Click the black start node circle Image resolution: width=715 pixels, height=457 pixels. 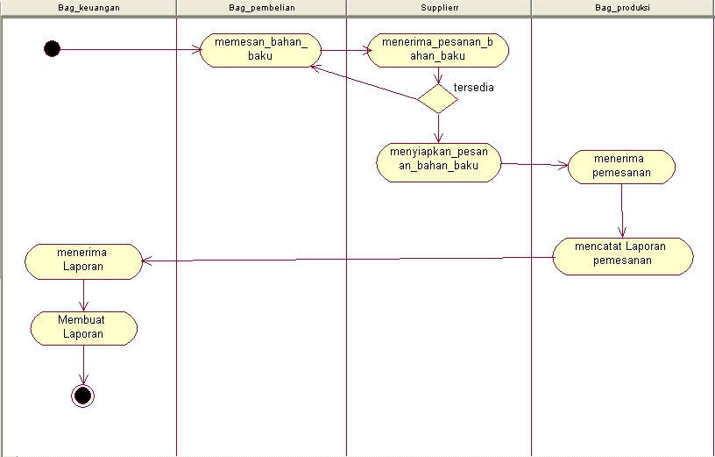pos(52,48)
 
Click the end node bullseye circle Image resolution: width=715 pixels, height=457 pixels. pos(83,396)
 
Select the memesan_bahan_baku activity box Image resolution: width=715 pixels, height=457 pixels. pos(260,50)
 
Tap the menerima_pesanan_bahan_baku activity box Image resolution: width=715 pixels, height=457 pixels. pos(437,50)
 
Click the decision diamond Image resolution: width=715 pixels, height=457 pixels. pos(437,97)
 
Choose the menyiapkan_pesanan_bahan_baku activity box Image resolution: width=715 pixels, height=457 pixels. pos(439,162)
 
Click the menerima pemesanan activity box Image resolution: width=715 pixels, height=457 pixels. pos(621,167)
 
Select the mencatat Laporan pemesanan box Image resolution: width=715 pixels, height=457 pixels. pos(622,255)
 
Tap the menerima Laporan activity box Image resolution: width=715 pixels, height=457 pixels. pos(83,261)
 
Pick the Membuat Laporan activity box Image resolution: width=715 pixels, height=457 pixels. pos(83,328)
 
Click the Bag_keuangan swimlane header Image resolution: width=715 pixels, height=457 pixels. pos(88,7)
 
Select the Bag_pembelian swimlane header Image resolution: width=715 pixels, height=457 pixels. pos(260,7)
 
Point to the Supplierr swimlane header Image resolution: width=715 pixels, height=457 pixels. pos(438,7)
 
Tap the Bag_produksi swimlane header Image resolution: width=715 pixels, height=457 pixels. pos(621,7)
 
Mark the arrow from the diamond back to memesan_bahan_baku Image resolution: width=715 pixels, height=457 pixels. pos(368,84)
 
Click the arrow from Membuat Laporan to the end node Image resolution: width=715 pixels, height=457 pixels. pos(83,364)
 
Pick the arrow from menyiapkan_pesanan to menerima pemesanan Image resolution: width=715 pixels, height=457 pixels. pos(534,164)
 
